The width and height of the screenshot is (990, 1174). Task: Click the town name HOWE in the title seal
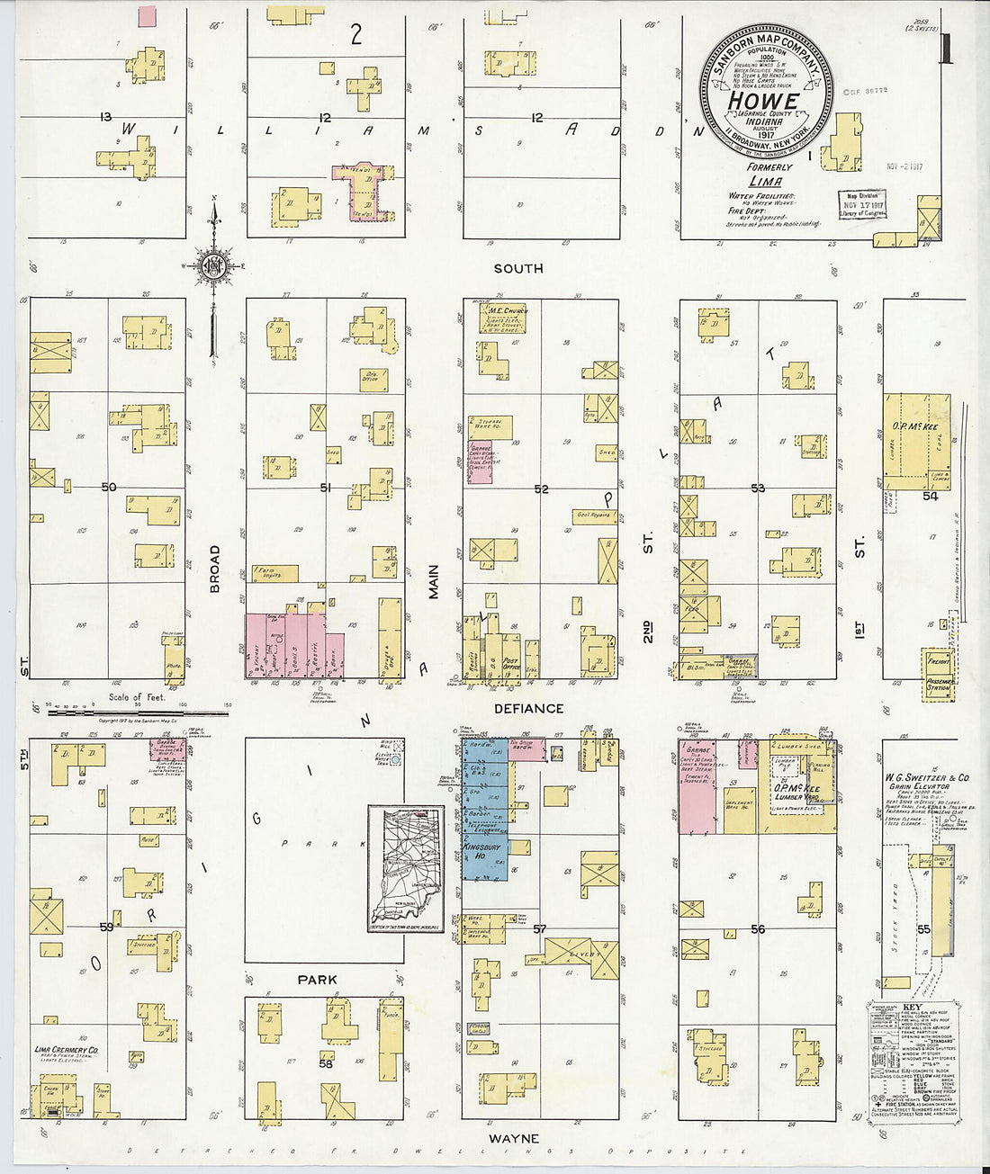click(762, 102)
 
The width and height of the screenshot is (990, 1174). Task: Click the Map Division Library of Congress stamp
click(862, 205)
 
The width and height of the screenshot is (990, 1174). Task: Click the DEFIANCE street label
click(528, 709)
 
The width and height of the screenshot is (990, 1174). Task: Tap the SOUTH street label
click(517, 268)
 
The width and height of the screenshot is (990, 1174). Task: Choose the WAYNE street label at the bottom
click(514, 1139)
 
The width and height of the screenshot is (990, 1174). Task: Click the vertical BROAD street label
click(214, 569)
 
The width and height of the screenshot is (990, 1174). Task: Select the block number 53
click(758, 488)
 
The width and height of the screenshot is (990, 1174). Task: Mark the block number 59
click(107, 926)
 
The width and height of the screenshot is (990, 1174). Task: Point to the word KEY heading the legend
click(911, 1007)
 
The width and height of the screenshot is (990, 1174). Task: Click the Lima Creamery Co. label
click(67, 1050)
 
